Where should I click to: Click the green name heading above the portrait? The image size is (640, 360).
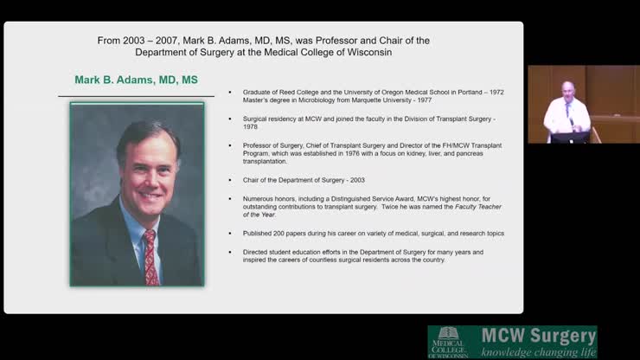point(136,80)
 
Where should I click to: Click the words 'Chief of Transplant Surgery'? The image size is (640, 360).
point(328,145)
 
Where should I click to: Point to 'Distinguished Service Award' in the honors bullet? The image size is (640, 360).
point(349,198)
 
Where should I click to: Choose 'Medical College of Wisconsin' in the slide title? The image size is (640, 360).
point(342,52)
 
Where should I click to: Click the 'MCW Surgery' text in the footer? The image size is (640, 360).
point(537,335)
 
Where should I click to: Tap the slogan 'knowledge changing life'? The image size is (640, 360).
point(538,352)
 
